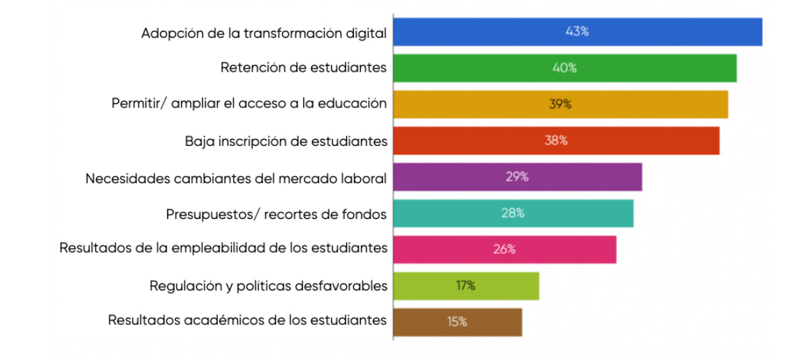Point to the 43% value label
point(577,32)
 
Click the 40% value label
point(564,68)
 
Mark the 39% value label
point(560,104)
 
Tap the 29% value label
point(517,177)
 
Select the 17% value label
point(465,286)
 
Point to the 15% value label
point(457,322)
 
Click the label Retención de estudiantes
point(303,68)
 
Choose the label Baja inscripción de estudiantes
point(286,140)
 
